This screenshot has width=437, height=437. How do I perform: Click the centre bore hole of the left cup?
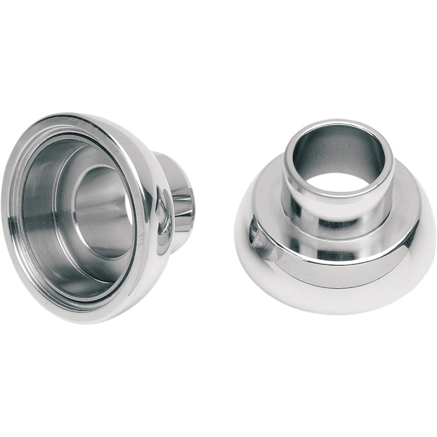(x=104, y=210)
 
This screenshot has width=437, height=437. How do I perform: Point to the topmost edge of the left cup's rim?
(x=82, y=115)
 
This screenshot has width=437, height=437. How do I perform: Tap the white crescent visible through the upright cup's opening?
(x=350, y=183)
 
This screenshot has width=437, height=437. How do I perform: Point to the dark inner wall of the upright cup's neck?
(x=328, y=150)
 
